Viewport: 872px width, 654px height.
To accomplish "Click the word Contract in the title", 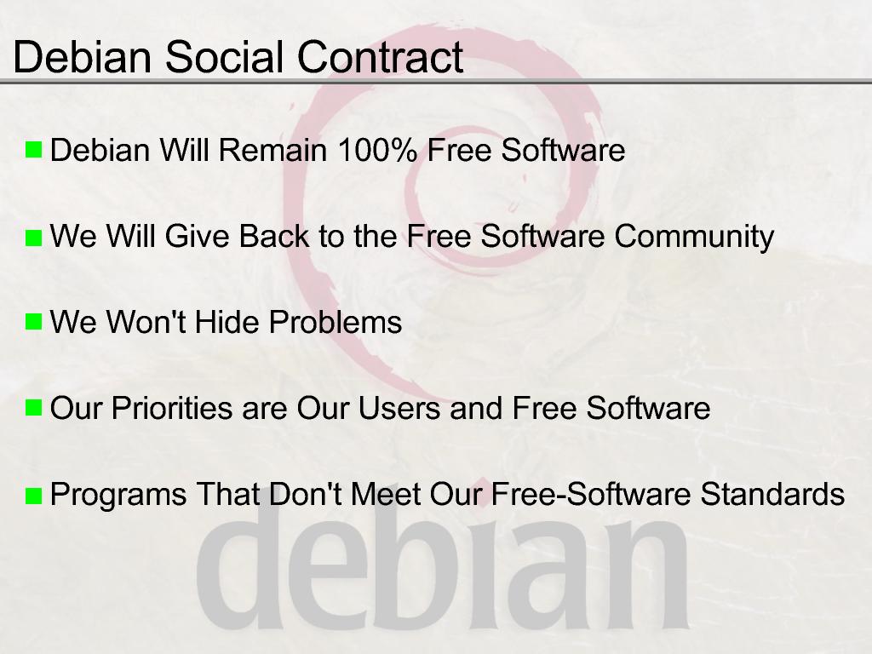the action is click(381, 57).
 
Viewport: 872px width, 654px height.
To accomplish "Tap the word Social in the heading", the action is click(225, 57).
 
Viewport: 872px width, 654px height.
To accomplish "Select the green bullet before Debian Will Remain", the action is click(33, 150).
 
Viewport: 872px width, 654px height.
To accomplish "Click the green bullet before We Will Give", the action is click(33, 238).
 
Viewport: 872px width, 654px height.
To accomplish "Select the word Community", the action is click(694, 237).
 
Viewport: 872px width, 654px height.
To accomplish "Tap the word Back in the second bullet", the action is click(273, 236).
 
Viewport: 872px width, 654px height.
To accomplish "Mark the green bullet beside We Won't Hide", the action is click(33, 321).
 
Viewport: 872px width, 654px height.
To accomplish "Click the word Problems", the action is click(336, 322).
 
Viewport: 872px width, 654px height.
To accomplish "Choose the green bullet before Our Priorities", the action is click(33, 408).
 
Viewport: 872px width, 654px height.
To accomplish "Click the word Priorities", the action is click(172, 408).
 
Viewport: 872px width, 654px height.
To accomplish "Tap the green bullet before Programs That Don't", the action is click(33, 496).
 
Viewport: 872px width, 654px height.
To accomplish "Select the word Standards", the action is click(772, 494).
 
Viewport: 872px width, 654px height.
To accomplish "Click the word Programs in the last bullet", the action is click(118, 495).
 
